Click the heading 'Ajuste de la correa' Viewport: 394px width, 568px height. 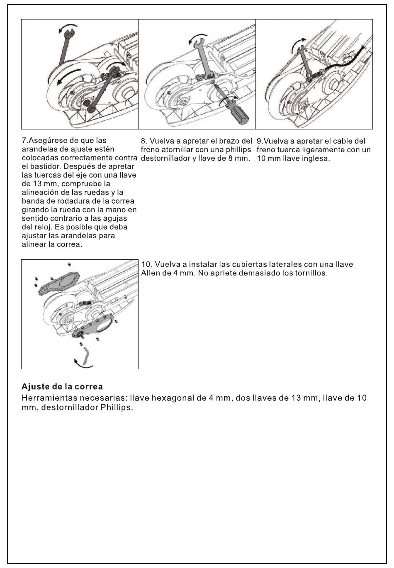click(x=62, y=387)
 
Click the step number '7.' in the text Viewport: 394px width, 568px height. click(x=24, y=141)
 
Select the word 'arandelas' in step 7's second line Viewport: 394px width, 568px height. click(x=39, y=149)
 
